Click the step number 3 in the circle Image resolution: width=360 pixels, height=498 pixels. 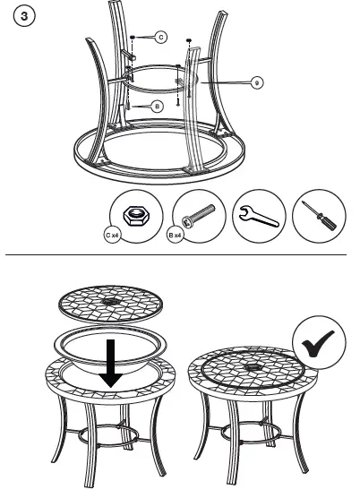pyautogui.click(x=20, y=18)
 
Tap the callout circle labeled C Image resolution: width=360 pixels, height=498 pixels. pyautogui.click(x=159, y=37)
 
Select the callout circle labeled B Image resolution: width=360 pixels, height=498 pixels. pyautogui.click(x=156, y=106)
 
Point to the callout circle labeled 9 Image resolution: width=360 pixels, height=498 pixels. pyautogui.click(x=256, y=82)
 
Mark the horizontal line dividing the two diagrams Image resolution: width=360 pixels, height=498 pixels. pyautogui.click(x=179, y=256)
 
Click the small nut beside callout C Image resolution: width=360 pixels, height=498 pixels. pyautogui.click(x=133, y=38)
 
